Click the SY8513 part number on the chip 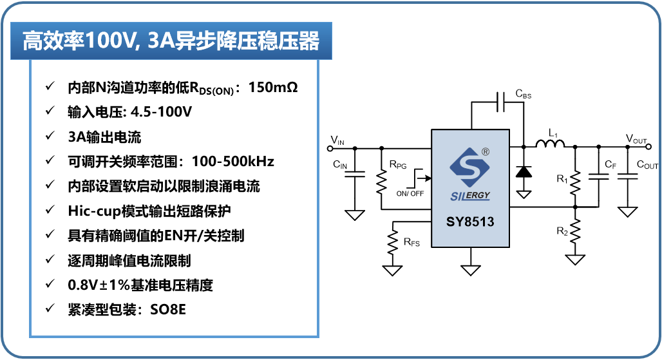pos(470,222)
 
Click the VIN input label pos(337,140)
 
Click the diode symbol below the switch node pos(524,171)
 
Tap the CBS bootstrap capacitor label pos(523,95)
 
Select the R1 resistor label pos(562,178)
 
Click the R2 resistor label pos(562,230)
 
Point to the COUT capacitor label pos(647,165)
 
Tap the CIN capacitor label pos(340,166)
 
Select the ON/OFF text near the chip pos(410,193)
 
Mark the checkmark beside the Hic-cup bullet pos(50,210)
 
